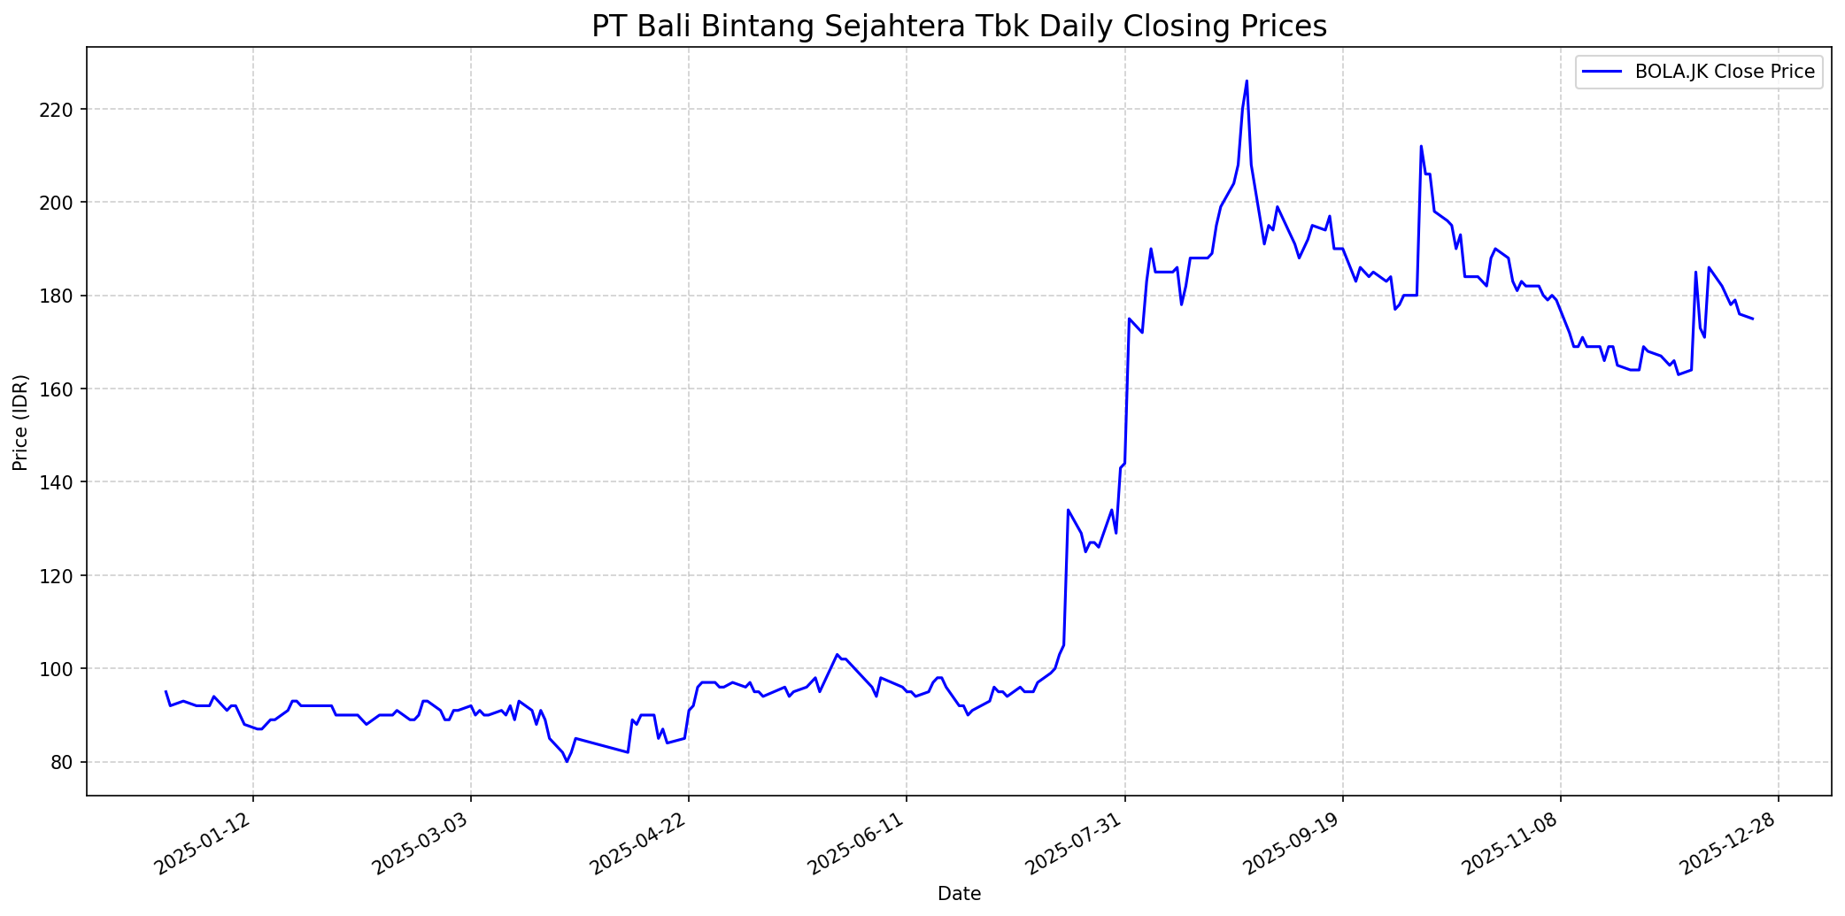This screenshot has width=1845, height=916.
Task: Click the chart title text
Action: click(959, 27)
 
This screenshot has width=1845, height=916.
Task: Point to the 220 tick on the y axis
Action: click(64, 110)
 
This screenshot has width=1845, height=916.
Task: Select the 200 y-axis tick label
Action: click(64, 203)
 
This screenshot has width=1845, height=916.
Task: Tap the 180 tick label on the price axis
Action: click(64, 296)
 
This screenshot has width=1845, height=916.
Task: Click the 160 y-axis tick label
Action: click(64, 389)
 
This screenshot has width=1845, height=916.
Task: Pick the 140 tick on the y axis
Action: click(64, 482)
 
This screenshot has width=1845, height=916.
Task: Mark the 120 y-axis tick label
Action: click(64, 575)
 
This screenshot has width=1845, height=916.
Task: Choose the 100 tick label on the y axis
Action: click(64, 669)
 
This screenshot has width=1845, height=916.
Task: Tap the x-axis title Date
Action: click(959, 895)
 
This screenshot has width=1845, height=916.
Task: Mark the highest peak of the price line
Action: click(1247, 81)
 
